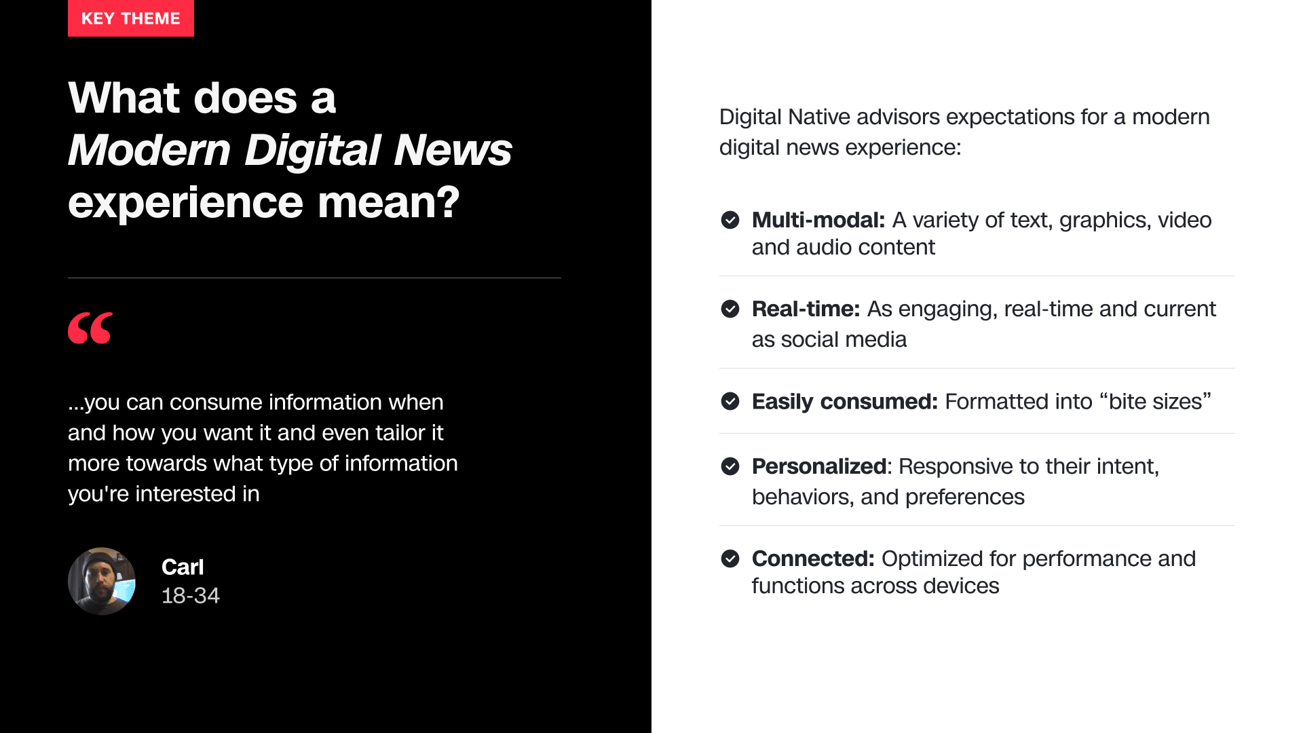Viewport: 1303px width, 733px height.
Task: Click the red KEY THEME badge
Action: pos(131,18)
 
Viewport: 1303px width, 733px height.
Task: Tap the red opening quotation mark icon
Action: pos(90,328)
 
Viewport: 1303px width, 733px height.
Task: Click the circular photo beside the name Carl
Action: pos(102,581)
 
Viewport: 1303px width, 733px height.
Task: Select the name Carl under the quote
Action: pos(183,567)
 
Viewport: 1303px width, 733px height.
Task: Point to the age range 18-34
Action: pos(191,595)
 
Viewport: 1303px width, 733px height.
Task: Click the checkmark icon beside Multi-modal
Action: pos(730,220)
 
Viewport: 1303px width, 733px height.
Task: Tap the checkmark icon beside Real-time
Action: pos(730,309)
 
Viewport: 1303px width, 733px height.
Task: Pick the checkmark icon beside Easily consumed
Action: pos(730,401)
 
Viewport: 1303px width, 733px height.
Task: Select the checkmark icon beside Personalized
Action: pos(730,466)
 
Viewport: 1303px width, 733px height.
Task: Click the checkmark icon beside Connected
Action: pos(730,559)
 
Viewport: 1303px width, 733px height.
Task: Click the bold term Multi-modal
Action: pos(818,220)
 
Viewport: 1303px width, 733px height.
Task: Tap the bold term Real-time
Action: pos(806,309)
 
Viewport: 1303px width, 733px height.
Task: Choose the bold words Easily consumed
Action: pos(845,401)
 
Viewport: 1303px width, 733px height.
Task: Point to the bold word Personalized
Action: pos(819,466)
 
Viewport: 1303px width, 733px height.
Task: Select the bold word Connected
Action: pos(813,559)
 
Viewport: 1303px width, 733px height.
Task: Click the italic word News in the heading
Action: pos(453,149)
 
